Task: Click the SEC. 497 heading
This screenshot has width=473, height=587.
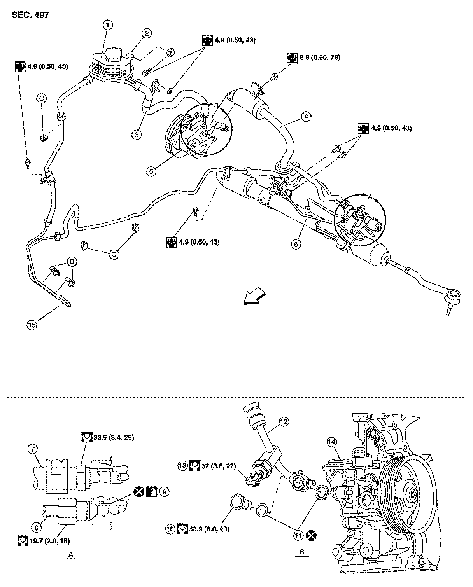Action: click(x=30, y=15)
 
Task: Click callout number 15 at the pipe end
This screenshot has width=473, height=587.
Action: click(x=32, y=325)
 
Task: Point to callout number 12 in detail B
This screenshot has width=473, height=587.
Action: click(x=284, y=421)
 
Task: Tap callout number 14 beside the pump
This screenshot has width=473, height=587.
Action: click(x=331, y=442)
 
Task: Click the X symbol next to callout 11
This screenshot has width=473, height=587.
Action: click(x=310, y=536)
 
